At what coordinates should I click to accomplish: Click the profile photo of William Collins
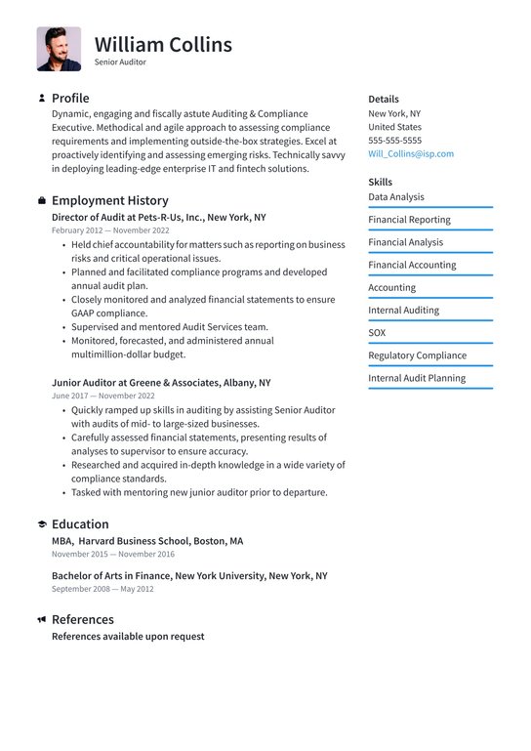pos(59,49)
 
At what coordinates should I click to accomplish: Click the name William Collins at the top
pos(163,45)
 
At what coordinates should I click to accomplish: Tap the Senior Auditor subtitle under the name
pos(120,62)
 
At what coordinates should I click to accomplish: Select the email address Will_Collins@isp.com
pos(410,153)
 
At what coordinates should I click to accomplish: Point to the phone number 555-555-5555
pos(394,141)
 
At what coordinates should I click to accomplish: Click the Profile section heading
pos(70,98)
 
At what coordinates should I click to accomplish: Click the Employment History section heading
pos(109,200)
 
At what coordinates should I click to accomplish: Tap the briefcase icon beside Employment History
pos(42,200)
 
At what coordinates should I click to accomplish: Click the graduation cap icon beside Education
pos(42,524)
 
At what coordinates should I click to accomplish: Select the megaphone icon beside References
pos(42,619)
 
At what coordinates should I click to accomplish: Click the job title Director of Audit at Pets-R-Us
pos(158,218)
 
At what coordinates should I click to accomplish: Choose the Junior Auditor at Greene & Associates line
pos(161,383)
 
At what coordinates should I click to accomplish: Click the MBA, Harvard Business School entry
pos(147,540)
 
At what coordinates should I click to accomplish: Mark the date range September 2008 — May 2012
pos(102,589)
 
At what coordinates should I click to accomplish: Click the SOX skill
pos(377,333)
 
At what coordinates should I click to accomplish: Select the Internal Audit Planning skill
pos(417,378)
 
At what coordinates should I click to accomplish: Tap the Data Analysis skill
pos(395,197)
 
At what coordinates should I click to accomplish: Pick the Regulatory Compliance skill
pos(417,355)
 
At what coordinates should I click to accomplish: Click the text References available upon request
pos(128,636)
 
